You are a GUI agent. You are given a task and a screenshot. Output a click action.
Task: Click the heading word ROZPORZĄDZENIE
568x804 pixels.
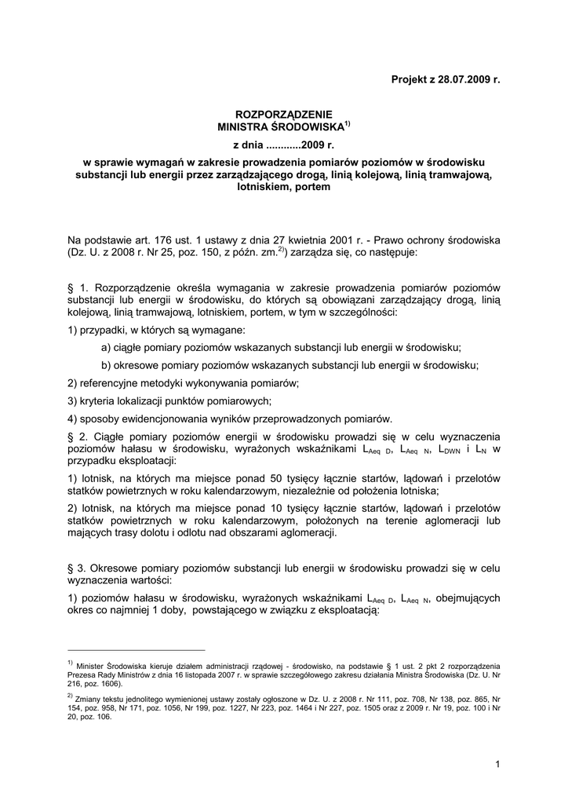coord(284,114)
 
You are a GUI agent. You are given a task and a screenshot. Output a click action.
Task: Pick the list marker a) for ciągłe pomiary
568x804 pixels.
coord(106,347)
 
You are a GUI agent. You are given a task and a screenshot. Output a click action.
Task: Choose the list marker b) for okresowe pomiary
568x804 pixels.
coord(106,365)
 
